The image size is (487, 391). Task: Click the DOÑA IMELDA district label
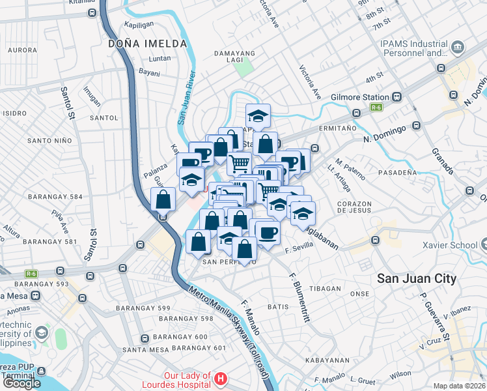(x=148, y=44)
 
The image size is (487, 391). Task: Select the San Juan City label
(x=417, y=278)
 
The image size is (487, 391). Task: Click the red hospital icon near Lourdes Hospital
(x=221, y=378)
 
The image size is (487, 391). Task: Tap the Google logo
(x=21, y=383)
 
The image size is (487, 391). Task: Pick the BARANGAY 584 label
(x=56, y=197)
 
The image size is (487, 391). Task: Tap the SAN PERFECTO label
(x=226, y=261)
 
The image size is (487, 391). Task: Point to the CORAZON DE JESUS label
(x=354, y=208)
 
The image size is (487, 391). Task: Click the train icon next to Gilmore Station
(x=397, y=96)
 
